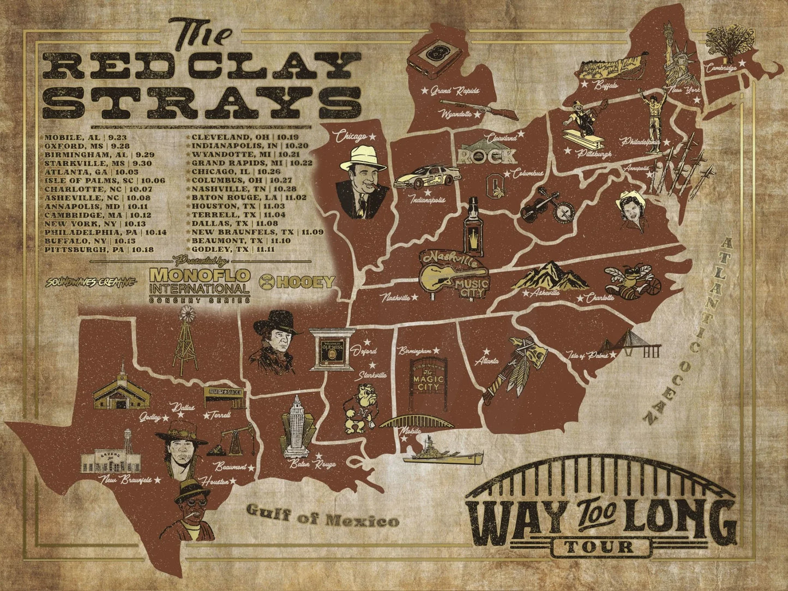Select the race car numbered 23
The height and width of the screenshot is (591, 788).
427,177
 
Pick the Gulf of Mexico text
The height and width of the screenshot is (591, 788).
322,516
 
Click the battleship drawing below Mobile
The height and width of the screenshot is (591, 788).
442,452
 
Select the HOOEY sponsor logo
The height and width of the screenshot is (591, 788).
298,281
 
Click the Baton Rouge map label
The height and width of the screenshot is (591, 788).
312,464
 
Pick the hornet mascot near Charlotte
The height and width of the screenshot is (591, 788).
628,279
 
